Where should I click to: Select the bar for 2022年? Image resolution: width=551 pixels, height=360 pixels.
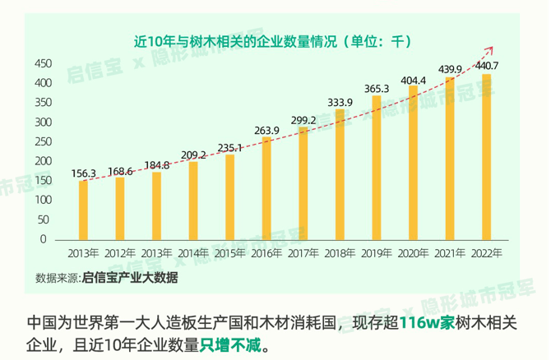[x=487, y=156]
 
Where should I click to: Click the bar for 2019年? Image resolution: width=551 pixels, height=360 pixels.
[x=377, y=168]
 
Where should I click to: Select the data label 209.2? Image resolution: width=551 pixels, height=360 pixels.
[x=192, y=154]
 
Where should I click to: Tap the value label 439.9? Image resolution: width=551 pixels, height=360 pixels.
[x=449, y=68]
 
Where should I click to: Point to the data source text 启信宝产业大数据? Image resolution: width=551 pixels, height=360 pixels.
[x=129, y=278]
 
